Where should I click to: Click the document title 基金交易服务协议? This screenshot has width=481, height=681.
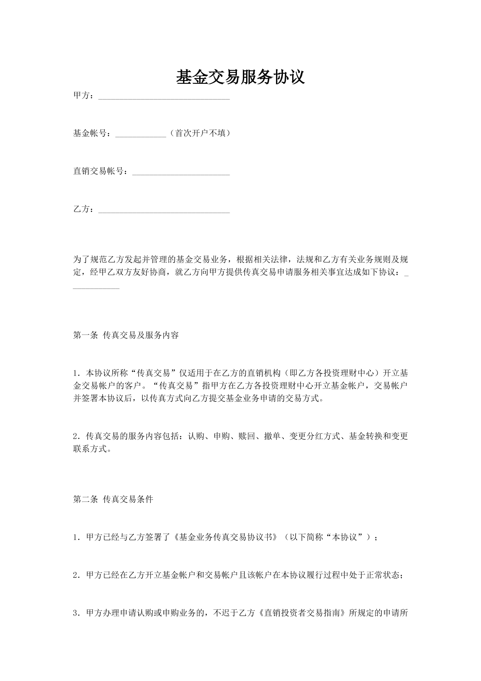pyautogui.click(x=240, y=77)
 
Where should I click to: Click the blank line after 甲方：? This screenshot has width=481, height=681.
pyautogui.click(x=164, y=97)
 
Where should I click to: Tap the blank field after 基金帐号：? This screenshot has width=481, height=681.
pyautogui.click(x=141, y=134)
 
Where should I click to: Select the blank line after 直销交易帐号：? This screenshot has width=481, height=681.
pyautogui.click(x=181, y=173)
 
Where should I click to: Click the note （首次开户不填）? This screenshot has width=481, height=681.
pyautogui.click(x=200, y=133)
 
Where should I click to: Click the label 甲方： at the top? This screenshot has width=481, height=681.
pyautogui.click(x=85, y=96)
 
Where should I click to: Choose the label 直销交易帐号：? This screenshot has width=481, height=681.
pyautogui.click(x=102, y=171)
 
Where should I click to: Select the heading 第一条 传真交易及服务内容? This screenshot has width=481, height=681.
pyautogui.click(x=126, y=335)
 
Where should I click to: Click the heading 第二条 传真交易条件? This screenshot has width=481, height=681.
pyautogui.click(x=113, y=499)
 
